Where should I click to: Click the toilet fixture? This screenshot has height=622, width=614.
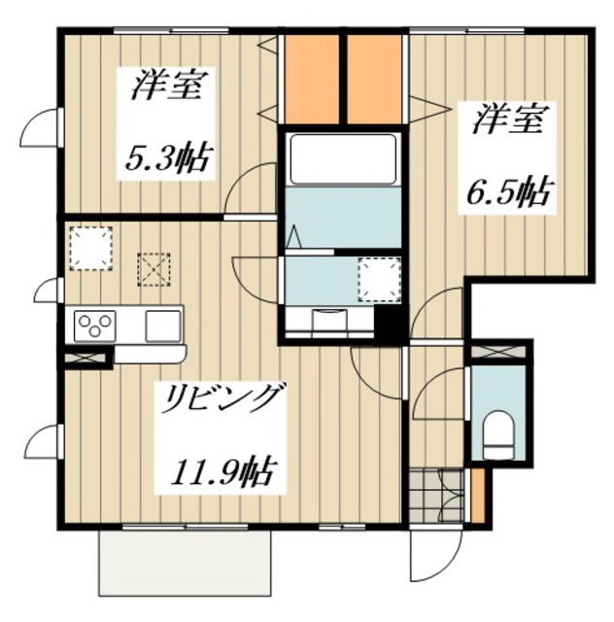pos(498,432)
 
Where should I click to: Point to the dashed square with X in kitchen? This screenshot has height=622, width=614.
pos(154,269)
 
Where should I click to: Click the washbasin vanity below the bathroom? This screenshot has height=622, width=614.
pos(327,320)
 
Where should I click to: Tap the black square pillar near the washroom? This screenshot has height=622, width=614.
pos(389,322)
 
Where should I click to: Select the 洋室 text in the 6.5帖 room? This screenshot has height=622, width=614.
pos(501,123)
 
